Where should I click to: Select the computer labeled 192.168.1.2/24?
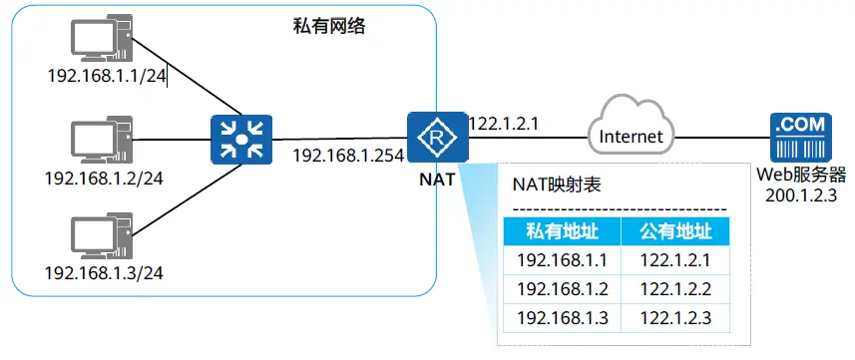(x=102, y=140)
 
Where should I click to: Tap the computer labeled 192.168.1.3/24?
(x=102, y=236)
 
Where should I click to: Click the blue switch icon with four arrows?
(x=241, y=139)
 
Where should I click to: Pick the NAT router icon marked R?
(x=437, y=138)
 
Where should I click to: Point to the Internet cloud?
(x=631, y=126)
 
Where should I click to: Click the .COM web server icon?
(x=800, y=138)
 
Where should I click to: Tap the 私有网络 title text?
(x=329, y=27)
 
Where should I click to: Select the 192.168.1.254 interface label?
(x=348, y=156)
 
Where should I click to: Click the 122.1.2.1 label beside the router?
(x=504, y=124)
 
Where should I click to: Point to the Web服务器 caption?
(x=801, y=176)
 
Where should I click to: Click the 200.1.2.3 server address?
(x=801, y=195)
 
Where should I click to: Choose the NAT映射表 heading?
(x=557, y=185)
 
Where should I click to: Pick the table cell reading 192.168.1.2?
(x=562, y=289)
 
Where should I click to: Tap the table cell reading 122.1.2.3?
(x=675, y=318)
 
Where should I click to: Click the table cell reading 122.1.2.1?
(x=675, y=260)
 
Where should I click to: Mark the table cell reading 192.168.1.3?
(x=562, y=318)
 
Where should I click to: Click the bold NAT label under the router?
(x=437, y=179)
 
